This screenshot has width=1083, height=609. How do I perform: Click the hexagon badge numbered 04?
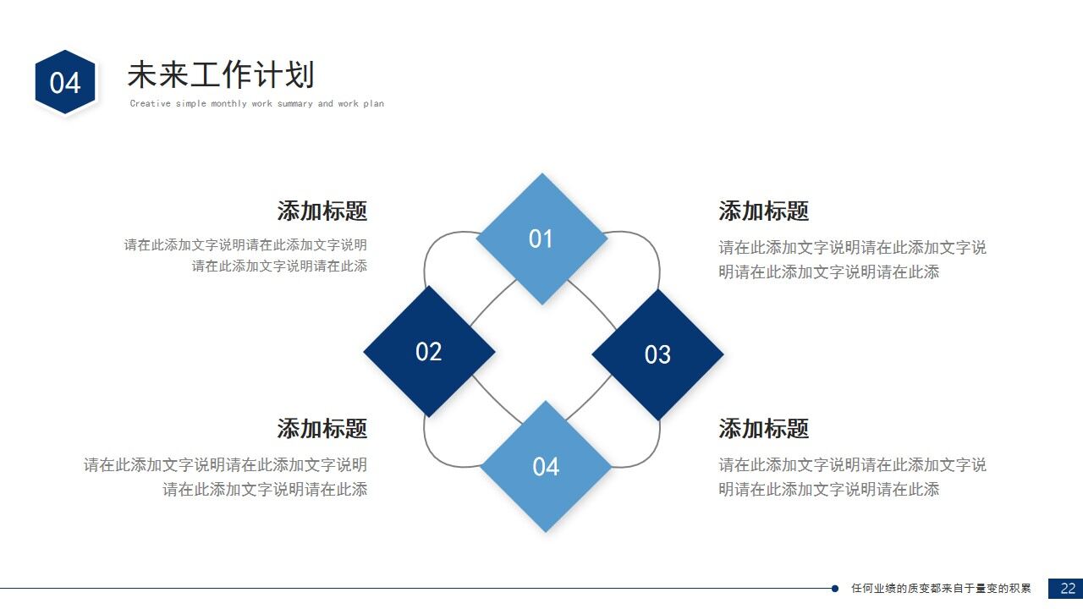coord(65,82)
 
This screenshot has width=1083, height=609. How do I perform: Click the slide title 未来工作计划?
coord(220,75)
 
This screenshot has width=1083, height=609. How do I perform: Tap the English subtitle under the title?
coord(256,104)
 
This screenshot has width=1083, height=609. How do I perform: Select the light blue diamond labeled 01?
coord(541,239)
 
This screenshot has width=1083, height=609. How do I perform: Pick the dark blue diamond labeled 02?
coord(429,351)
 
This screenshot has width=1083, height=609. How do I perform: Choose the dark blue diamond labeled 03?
coord(657,354)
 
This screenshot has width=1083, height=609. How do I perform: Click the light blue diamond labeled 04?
coord(546,466)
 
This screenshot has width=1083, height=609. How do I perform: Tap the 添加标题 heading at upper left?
coord(322,211)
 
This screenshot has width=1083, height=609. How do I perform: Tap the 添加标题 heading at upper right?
coord(763,211)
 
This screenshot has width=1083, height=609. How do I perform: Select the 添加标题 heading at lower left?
coord(322,428)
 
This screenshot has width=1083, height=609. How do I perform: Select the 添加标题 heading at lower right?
coord(763,428)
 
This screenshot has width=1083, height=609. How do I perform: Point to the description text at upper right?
coord(852,260)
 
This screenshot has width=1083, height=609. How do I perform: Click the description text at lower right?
coord(852,476)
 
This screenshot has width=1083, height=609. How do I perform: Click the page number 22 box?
coord(1066,589)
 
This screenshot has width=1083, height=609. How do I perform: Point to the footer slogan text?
coord(941,589)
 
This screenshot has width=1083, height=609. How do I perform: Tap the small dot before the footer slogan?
coord(835,589)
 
